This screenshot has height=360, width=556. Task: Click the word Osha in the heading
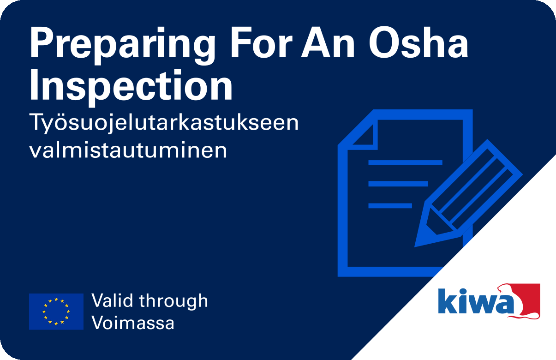(418, 42)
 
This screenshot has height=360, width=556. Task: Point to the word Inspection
(131, 87)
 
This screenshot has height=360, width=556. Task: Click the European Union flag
(56, 312)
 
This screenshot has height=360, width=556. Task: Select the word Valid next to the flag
(112, 300)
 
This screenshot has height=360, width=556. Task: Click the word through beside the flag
(173, 301)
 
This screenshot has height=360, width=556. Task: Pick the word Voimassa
(133, 322)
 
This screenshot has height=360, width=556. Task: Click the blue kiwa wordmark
(476, 301)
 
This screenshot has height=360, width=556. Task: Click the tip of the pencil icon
(415, 246)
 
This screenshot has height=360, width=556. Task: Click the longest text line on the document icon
(405, 162)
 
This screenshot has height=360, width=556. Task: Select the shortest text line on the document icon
(390, 205)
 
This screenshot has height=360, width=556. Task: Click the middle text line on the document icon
(398, 184)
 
